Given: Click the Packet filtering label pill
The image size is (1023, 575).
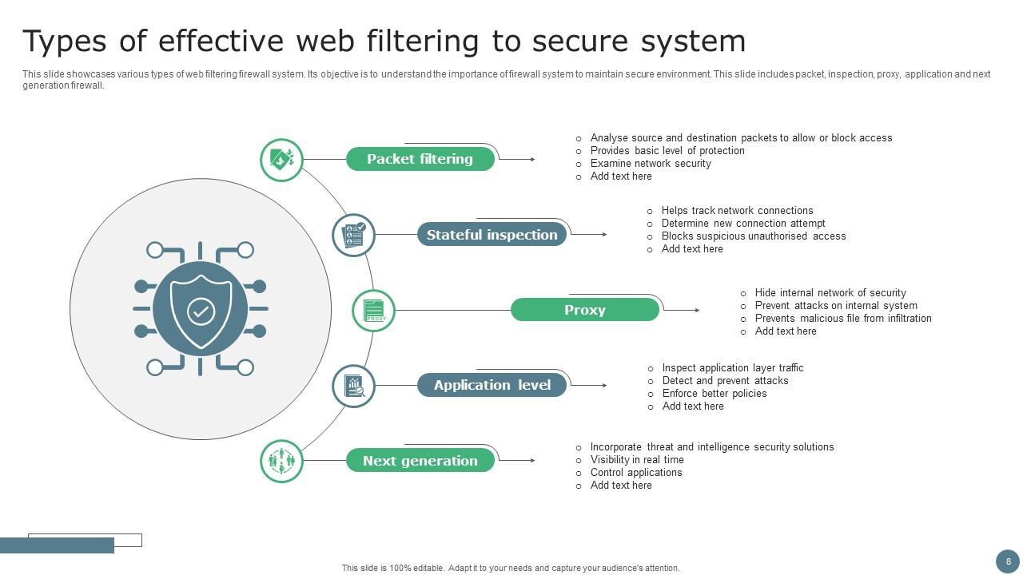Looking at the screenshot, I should point(420,159).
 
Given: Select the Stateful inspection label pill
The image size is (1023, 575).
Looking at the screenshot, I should point(492,235).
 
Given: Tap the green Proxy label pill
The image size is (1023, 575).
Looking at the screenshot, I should point(584,310).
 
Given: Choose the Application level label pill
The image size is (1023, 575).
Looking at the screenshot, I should point(492,385).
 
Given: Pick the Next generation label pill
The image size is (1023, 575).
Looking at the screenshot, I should point(420,461).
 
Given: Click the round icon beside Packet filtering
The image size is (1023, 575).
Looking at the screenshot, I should point(281,160).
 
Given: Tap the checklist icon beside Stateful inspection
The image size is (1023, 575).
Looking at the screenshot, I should point(353,235).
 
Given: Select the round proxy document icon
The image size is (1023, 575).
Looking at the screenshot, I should point(374,311).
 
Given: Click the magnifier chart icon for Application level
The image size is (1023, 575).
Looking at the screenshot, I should point(353,386).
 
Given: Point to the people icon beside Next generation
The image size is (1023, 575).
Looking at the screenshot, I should point(281,461).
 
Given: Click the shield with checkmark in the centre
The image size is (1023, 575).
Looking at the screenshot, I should point(201,310).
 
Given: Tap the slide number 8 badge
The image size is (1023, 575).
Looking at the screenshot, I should point(1008,561).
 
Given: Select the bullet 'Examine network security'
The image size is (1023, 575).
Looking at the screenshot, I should point(650,164).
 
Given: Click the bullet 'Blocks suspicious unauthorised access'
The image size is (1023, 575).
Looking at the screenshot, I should point(753,236).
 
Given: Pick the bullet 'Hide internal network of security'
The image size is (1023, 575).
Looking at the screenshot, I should point(830,293).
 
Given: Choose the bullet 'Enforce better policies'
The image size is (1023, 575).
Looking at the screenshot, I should point(714,394).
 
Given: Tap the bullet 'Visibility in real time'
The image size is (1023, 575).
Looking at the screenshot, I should point(636,460).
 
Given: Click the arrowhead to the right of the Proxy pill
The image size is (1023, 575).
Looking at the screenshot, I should point(697,310).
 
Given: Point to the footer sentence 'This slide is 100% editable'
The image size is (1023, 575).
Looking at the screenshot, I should point(510,569).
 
